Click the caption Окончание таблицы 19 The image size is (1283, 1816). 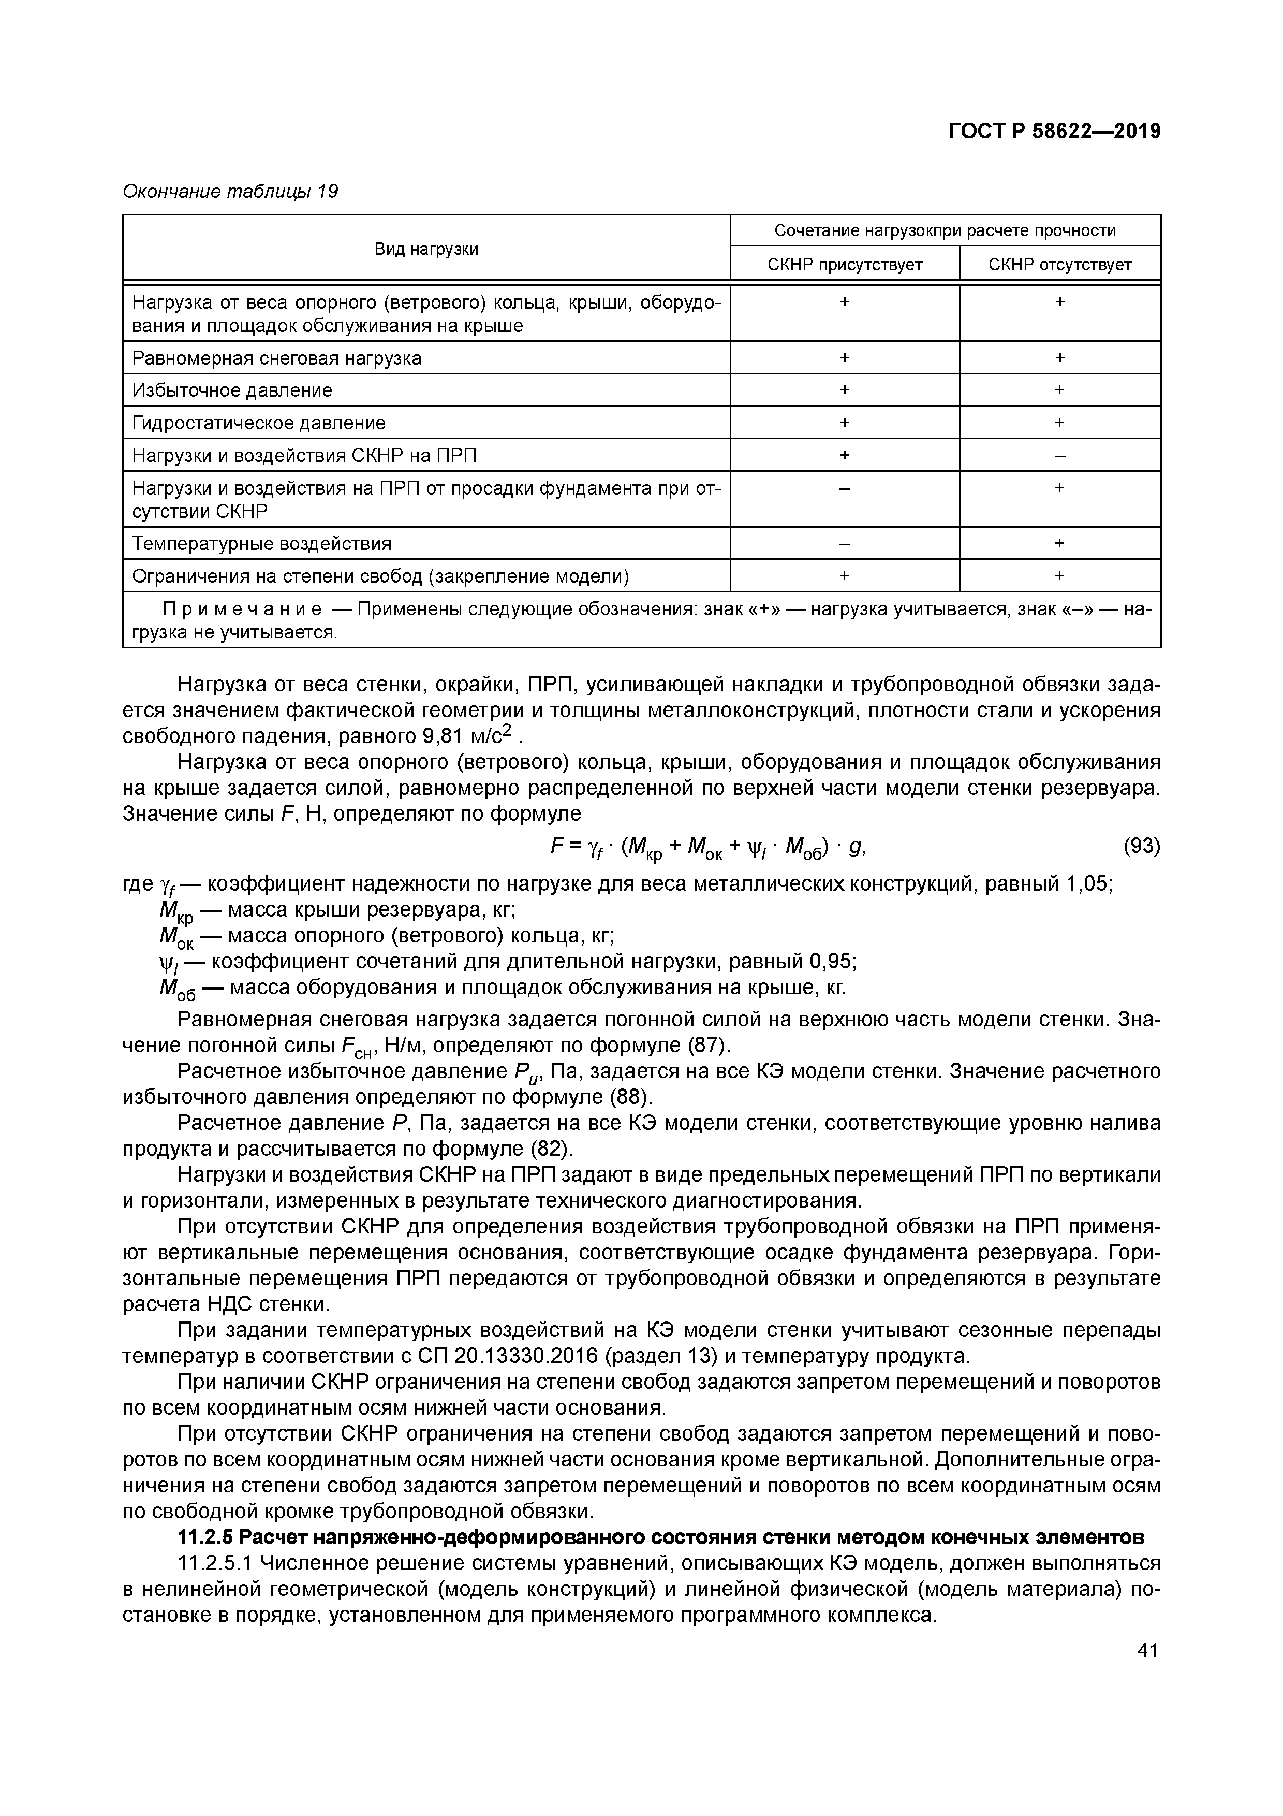tap(230, 192)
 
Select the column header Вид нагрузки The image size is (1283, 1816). tap(426, 249)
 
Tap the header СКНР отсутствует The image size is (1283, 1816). tap(1059, 264)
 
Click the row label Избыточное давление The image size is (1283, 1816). tap(232, 390)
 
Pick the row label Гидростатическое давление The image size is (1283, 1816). tap(258, 423)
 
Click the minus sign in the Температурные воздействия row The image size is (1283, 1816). tap(844, 543)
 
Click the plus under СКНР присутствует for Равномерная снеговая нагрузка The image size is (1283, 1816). tap(844, 357)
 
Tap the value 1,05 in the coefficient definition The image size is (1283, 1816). tap(1088, 883)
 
